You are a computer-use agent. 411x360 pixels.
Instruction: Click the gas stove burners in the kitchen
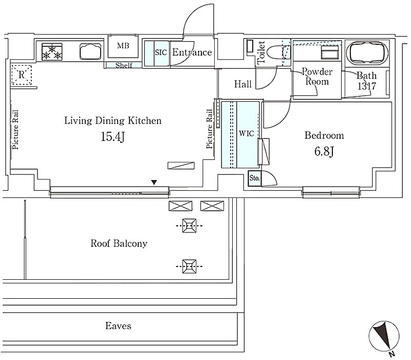tap(52, 52)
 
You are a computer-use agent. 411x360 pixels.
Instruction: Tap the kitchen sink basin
tap(90, 51)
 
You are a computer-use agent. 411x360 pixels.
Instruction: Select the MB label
tap(123, 46)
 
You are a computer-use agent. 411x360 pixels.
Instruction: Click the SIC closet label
tap(161, 52)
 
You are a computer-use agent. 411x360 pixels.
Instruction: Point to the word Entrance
tap(192, 52)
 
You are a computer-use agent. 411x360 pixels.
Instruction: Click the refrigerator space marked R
tap(22, 75)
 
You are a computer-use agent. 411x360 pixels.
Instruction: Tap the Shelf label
tap(124, 65)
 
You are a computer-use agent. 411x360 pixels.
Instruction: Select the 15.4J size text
tap(113, 136)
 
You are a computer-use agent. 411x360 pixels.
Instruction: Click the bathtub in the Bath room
tap(366, 52)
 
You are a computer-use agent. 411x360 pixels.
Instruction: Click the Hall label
tap(242, 84)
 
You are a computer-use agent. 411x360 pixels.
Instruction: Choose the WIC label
tap(247, 134)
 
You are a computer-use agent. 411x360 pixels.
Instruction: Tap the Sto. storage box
tap(255, 178)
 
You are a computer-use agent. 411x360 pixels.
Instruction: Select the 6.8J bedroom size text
tap(324, 151)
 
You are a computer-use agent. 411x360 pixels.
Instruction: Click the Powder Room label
tap(317, 76)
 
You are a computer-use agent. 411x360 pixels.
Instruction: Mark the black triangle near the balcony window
tap(154, 182)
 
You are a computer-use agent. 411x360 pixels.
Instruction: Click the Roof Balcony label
tap(119, 243)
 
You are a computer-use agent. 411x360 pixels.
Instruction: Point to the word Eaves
tap(118, 326)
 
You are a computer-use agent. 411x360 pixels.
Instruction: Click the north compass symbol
tap(384, 336)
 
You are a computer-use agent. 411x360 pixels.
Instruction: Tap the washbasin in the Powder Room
tap(330, 52)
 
